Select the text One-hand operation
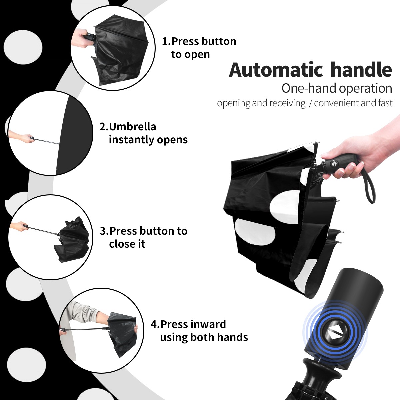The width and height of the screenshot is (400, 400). click(337, 89)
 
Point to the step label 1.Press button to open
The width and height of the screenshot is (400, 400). click(199, 48)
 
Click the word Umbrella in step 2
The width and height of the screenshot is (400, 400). click(132, 127)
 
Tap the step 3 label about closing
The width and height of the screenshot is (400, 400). click(143, 237)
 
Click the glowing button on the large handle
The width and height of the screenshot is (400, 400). click(335, 335)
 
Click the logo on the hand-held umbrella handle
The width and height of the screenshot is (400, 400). click(334, 163)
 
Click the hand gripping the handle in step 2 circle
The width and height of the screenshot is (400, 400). click(28, 138)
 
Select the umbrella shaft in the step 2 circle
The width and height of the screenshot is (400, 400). click(46, 141)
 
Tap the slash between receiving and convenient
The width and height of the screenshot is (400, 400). click(310, 103)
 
